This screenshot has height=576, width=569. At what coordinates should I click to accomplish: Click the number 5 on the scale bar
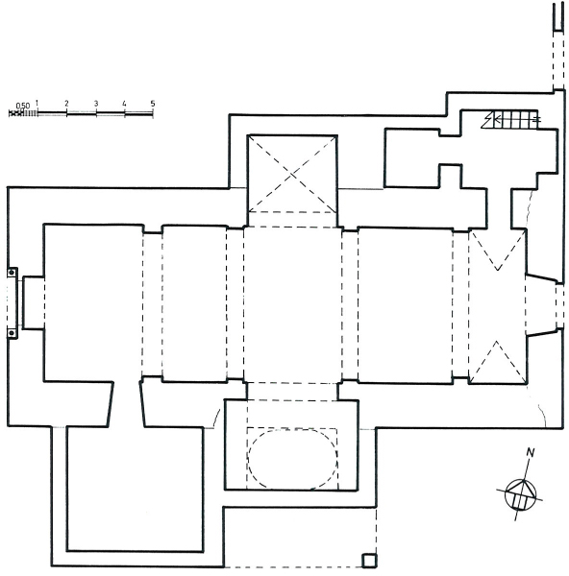coord(153,104)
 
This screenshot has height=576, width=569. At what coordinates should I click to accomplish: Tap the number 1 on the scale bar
coord(37,103)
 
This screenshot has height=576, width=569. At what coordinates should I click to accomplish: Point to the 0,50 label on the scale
coord(23,106)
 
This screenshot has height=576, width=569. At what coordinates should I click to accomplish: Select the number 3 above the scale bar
coord(96,104)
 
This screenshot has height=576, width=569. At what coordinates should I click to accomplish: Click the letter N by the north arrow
coord(530,452)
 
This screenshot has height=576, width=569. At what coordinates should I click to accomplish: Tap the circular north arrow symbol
coord(520,494)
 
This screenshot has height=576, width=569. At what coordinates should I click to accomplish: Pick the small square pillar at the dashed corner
coord(369,561)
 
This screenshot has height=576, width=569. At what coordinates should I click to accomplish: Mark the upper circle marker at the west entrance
coord(12,273)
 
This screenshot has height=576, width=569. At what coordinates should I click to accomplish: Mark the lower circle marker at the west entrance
coord(12,333)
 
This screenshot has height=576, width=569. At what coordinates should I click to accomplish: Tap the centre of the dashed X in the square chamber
coord(292,175)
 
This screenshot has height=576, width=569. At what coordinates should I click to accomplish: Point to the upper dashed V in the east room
coord(498,251)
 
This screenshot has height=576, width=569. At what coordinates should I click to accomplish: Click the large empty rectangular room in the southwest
coord(135,489)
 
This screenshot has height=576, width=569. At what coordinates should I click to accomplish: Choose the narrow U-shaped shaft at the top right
coord(558,17)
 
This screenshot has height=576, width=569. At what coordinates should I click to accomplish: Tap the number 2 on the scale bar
coord(66,104)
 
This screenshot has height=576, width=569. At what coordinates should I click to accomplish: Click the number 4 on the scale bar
coord(124,104)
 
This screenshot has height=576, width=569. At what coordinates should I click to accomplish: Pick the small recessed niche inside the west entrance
coord(34,302)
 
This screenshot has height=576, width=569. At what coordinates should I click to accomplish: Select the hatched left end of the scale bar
coord(23,113)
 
